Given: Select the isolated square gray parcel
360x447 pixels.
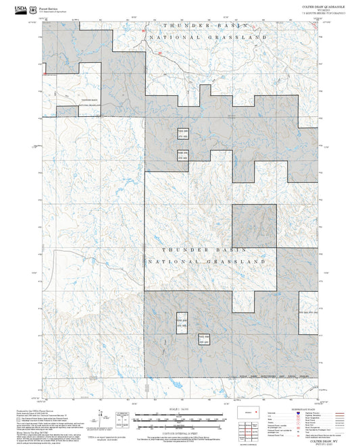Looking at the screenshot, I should [x=254, y=226].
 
